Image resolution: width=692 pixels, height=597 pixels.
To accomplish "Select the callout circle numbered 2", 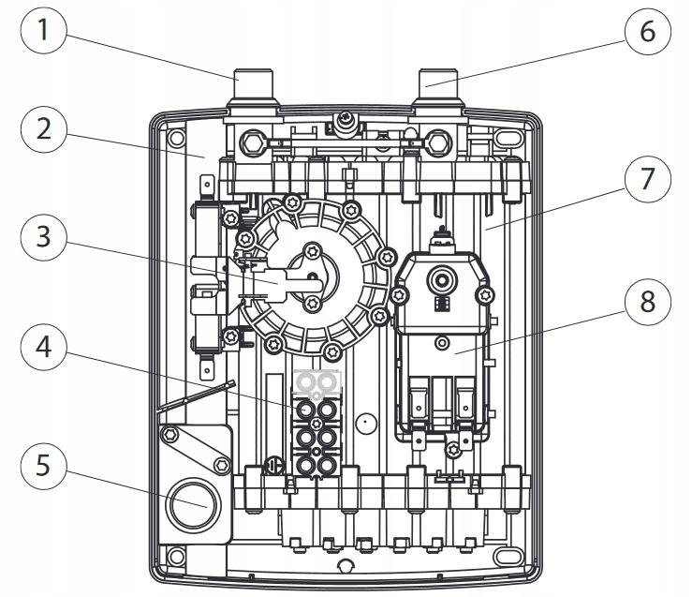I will [41, 129].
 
